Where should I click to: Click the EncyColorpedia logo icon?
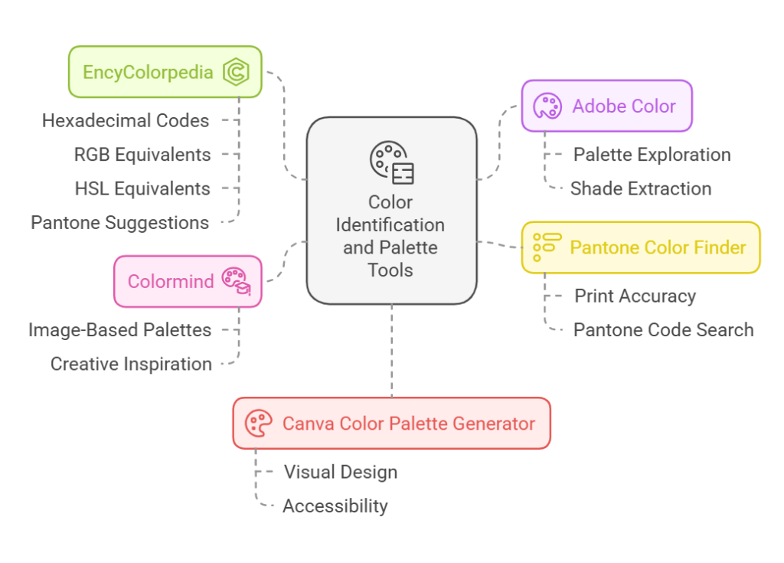(237, 73)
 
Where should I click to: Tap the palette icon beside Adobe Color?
(547, 106)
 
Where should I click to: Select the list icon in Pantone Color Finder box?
(547, 247)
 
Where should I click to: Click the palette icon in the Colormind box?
(236, 280)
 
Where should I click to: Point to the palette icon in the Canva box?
(258, 423)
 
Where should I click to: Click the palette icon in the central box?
(391, 162)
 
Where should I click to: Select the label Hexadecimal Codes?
(126, 120)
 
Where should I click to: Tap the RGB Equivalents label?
(142, 155)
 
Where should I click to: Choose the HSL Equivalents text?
(142, 188)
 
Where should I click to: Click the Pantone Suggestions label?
(120, 223)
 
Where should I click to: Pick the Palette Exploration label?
(652, 155)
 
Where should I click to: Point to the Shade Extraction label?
(641, 188)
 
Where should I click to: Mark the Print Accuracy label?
(635, 296)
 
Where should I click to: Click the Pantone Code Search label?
(663, 330)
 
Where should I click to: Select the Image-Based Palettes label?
(120, 330)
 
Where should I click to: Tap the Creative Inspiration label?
(131, 364)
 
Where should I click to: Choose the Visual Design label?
(340, 472)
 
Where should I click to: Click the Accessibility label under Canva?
(335, 506)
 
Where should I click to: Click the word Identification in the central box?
(390, 225)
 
